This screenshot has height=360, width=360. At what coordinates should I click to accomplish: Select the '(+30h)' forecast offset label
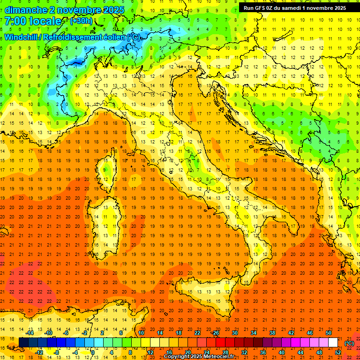[81, 21]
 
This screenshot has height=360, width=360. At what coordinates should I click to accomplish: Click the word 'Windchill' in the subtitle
[22, 37]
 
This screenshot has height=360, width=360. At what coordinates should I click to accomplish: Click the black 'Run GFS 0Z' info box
[294, 7]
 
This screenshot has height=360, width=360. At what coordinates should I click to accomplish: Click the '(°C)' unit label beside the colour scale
[349, 343]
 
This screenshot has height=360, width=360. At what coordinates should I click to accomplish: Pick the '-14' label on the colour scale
[30, 333]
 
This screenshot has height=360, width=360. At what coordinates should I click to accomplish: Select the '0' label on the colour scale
[93, 352]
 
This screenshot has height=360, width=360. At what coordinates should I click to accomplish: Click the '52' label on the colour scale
[338, 352]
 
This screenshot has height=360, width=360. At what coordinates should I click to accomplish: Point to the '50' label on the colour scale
[328, 333]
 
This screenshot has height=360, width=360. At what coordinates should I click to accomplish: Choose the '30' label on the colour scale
[234, 333]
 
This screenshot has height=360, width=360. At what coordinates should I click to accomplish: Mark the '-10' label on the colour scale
[49, 333]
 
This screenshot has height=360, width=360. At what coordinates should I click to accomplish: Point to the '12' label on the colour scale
[150, 352]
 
